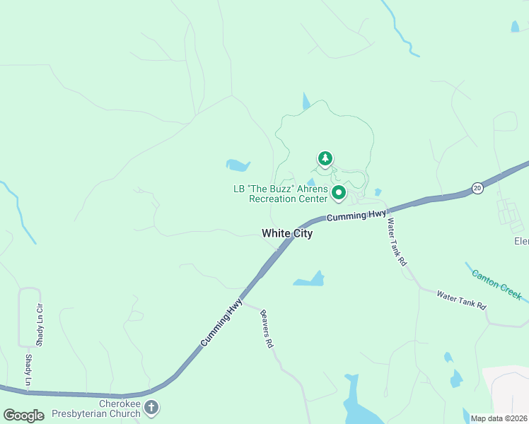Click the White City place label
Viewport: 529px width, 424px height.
click(x=286, y=233)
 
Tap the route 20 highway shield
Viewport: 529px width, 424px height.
click(x=477, y=187)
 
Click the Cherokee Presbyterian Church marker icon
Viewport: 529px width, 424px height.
click(x=151, y=407)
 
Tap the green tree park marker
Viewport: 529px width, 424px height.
click(x=325, y=159)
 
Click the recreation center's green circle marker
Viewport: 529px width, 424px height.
click(x=338, y=192)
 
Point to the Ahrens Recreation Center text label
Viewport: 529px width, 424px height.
click(x=281, y=194)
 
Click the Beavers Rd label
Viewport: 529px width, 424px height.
click(x=267, y=329)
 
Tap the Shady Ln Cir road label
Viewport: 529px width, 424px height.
click(x=40, y=324)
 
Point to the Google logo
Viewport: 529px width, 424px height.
click(x=23, y=416)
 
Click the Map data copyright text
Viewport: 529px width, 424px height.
click(x=499, y=418)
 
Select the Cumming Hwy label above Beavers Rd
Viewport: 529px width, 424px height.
click(x=221, y=322)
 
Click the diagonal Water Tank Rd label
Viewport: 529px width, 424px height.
click(x=397, y=242)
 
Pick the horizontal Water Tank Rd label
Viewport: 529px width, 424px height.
click(x=461, y=300)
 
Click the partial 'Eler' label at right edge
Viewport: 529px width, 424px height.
click(x=521, y=241)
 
